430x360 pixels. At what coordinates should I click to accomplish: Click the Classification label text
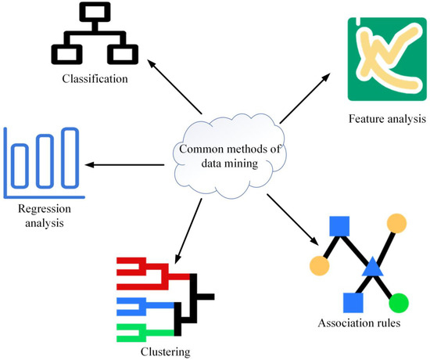[x=95, y=79]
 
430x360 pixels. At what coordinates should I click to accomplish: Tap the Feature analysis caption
[x=388, y=119]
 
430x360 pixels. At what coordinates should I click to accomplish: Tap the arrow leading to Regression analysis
[x=125, y=164]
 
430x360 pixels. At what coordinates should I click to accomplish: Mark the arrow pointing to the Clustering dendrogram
[x=188, y=228]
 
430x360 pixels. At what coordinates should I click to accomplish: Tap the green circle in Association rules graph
[x=399, y=301]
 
